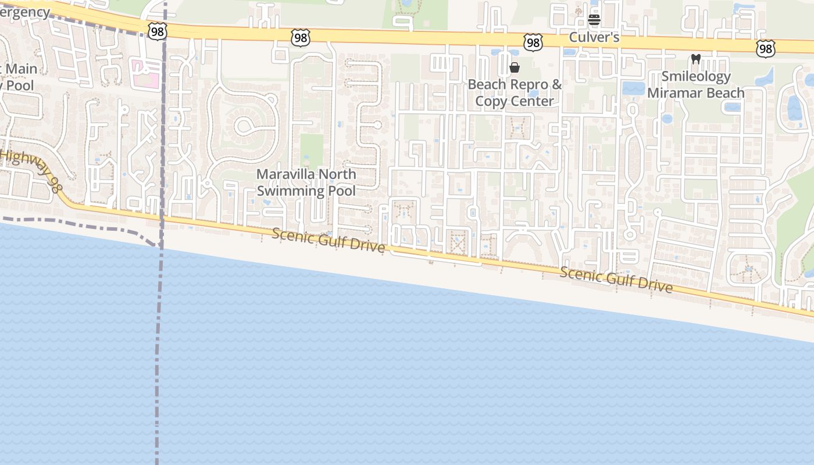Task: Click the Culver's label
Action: pyautogui.click(x=594, y=38)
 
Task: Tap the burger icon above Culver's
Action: pyautogui.click(x=594, y=20)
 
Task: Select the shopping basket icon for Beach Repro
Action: pyautogui.click(x=515, y=68)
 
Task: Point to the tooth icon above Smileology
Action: pyautogui.click(x=695, y=59)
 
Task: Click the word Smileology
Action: pyautogui.click(x=695, y=76)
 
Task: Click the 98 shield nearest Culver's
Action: pyautogui.click(x=533, y=42)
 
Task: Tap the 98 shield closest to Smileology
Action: pyautogui.click(x=765, y=49)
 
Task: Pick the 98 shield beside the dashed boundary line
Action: pyautogui.click(x=157, y=31)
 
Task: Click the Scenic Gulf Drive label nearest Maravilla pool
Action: pyautogui.click(x=328, y=240)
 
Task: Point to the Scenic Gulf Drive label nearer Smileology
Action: pyautogui.click(x=616, y=280)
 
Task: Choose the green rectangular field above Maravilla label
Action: pyautogui.click(x=312, y=151)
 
